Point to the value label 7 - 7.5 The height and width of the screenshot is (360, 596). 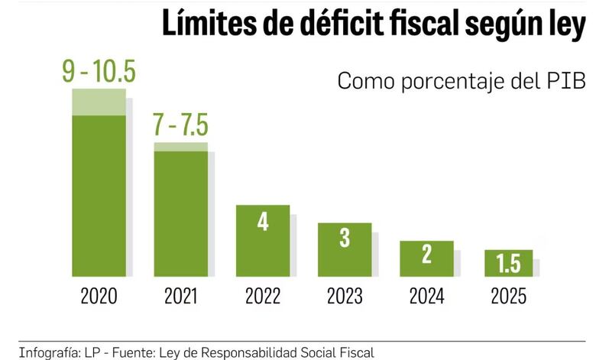pyautogui.click(x=180, y=124)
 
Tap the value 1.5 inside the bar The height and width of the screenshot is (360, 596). pyautogui.click(x=508, y=264)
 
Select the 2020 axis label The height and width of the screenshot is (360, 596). pyautogui.click(x=99, y=296)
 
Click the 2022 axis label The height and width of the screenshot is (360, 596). pyautogui.click(x=263, y=296)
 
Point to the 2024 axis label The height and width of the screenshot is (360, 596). pyautogui.click(x=426, y=296)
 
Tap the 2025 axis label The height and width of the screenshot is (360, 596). pyautogui.click(x=508, y=296)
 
